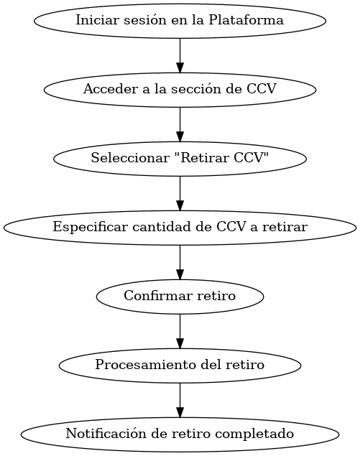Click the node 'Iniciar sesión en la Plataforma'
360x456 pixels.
[x=180, y=21]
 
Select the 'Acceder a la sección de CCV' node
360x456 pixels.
[x=180, y=90]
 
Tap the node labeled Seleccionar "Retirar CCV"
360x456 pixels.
[x=180, y=159]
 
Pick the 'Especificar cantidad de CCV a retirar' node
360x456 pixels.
[x=180, y=228]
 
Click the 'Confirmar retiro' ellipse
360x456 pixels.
[x=180, y=297]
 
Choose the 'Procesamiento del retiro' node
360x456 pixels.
[x=180, y=366]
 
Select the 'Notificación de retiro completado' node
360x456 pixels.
[x=180, y=434]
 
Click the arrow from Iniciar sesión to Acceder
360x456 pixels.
[x=180, y=55]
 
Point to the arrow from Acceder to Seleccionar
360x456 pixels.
[x=180, y=124]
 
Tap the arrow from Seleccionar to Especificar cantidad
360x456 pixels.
[x=180, y=193]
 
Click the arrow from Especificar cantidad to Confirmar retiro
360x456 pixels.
[x=180, y=262]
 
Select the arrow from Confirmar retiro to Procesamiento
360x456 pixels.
[x=180, y=331]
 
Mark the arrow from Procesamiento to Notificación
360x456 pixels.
[x=180, y=400]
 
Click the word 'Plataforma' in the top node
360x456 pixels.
[x=246, y=20]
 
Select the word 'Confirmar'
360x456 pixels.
[x=158, y=296]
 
